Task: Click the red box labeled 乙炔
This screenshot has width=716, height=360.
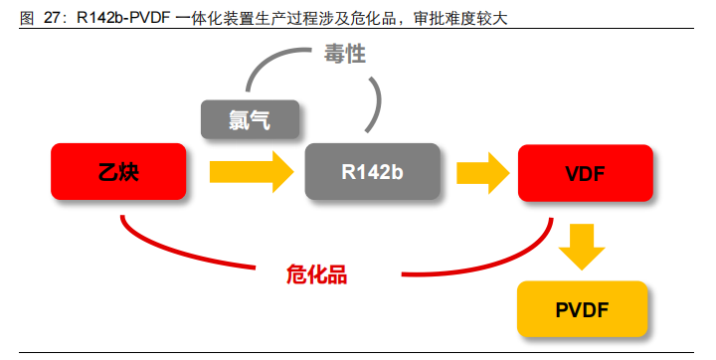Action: pyautogui.click(x=118, y=171)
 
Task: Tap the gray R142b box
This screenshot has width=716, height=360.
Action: pyautogui.click(x=371, y=171)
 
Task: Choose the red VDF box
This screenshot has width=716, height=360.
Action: pyautogui.click(x=585, y=171)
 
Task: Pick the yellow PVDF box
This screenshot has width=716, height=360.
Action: pyautogui.click(x=582, y=308)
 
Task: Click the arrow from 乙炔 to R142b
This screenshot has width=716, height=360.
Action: pyautogui.click(x=251, y=171)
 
